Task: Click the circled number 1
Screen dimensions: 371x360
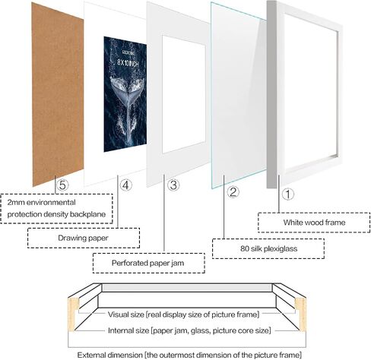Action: click(x=288, y=194)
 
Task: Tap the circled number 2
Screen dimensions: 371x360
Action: click(x=233, y=192)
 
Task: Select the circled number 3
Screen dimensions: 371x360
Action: click(x=173, y=185)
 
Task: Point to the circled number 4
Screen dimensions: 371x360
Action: click(x=125, y=185)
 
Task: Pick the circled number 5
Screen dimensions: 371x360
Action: click(x=62, y=185)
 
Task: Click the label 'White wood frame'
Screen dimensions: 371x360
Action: click(x=314, y=223)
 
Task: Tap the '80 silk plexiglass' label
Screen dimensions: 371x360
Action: click(x=268, y=248)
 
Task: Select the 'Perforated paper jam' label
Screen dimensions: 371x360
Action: click(x=147, y=263)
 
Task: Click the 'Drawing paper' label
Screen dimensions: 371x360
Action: click(x=83, y=238)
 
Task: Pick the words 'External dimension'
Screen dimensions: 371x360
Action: click(x=109, y=355)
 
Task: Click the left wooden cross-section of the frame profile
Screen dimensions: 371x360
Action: click(x=73, y=314)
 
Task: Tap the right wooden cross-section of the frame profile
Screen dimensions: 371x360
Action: click(x=301, y=314)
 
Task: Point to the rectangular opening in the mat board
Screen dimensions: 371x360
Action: click(x=184, y=94)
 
